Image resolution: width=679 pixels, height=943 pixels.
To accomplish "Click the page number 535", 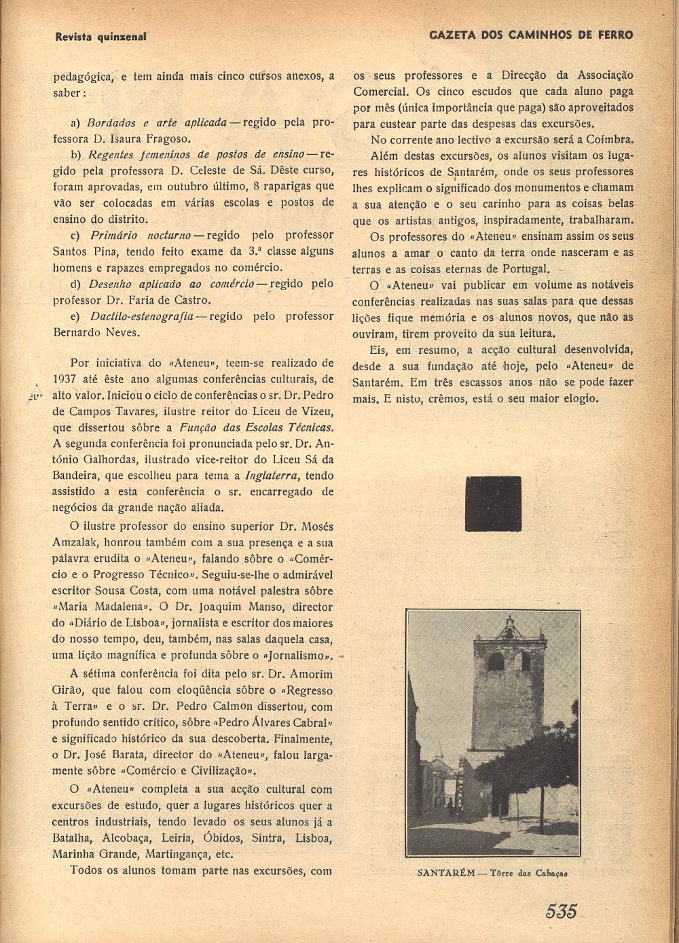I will [x=560, y=910].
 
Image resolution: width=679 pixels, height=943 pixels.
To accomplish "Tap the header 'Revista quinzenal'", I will [x=100, y=36].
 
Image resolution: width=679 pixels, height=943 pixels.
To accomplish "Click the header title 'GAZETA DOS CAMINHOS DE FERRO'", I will [x=531, y=35].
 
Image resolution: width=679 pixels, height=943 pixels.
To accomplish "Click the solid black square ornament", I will [x=493, y=503].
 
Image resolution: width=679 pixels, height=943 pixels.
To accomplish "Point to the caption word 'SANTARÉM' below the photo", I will [x=445, y=874].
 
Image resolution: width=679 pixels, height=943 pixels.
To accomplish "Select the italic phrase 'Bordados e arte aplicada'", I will [x=158, y=123].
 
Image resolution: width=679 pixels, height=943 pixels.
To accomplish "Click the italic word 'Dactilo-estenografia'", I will [x=142, y=317].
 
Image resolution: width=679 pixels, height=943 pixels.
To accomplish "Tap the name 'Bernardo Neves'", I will [x=96, y=333].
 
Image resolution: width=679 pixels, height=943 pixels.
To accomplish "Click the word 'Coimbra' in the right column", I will [x=610, y=140].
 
